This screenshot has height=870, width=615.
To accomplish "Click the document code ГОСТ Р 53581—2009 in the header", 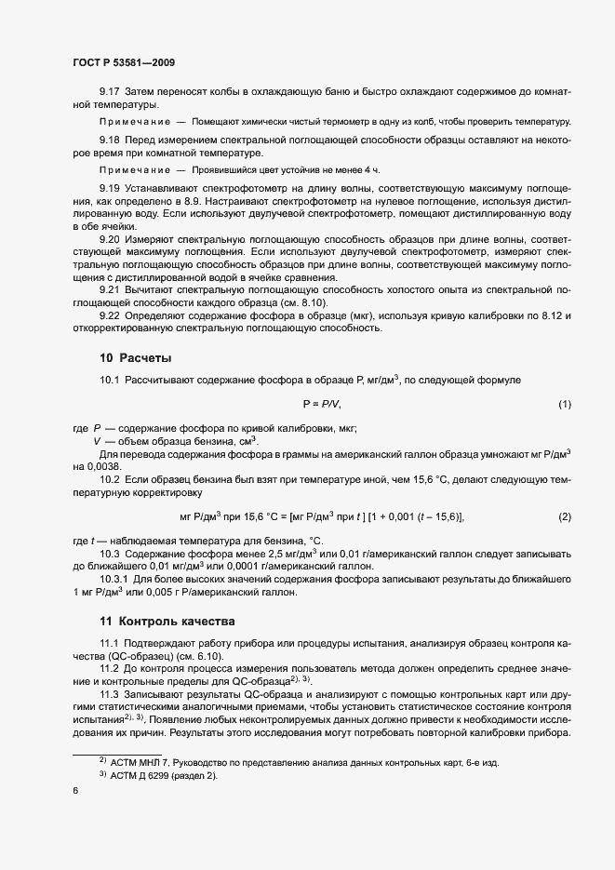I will point(123,63).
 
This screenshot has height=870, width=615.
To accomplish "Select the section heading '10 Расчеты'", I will point(135,357).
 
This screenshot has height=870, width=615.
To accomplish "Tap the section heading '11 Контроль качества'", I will point(167,620).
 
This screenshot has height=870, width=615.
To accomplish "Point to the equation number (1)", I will point(564,404).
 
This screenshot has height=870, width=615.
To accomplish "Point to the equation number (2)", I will point(564,516).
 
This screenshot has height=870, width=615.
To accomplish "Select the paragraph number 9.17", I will point(111,92).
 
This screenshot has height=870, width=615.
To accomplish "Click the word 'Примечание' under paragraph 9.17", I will point(134,122).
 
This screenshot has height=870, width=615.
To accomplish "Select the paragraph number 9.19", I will point(111,188).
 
